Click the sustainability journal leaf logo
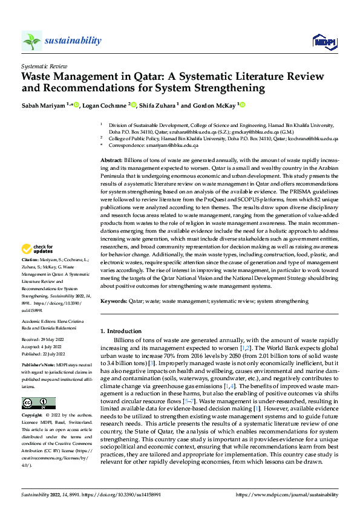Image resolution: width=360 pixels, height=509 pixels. tap(31, 41)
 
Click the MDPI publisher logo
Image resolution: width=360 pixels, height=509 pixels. tap(322, 41)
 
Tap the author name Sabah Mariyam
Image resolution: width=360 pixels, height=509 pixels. tap(43, 106)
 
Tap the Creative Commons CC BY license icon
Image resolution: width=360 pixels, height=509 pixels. tap(38, 386)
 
